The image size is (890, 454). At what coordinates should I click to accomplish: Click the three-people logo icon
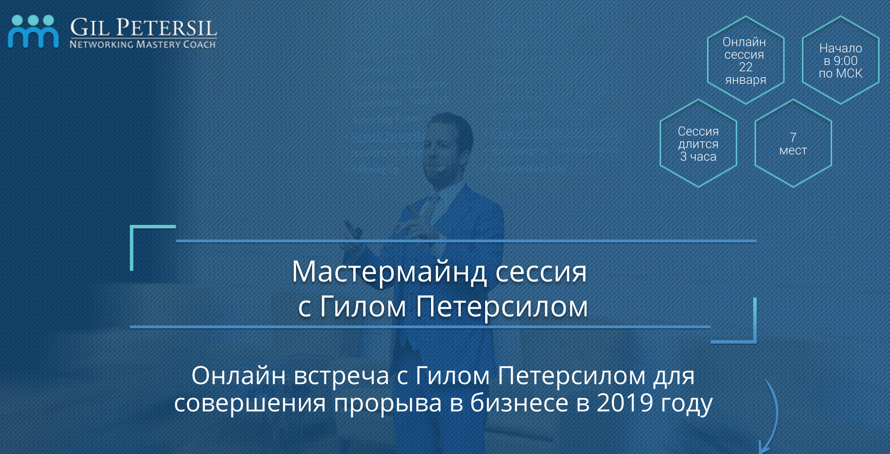click(x=33, y=31)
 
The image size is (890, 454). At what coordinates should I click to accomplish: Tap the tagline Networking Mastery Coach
click(x=143, y=44)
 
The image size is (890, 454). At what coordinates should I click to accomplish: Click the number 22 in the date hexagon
click(x=746, y=67)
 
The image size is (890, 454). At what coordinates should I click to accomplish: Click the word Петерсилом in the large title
click(x=502, y=307)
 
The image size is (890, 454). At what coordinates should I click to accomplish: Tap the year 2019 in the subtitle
click(x=625, y=402)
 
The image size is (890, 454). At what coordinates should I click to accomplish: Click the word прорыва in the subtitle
click(x=388, y=405)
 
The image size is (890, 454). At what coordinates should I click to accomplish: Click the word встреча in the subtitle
click(x=341, y=376)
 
